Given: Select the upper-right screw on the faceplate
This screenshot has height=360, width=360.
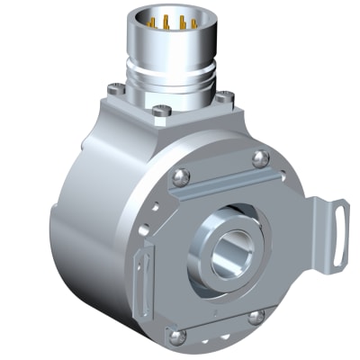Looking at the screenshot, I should click(261, 159).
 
